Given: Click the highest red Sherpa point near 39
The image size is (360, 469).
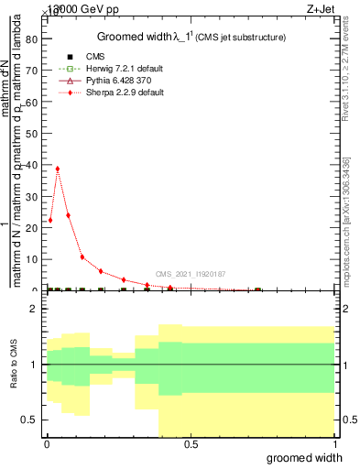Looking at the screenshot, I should [58, 169].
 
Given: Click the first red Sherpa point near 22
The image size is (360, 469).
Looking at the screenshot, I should [50, 221].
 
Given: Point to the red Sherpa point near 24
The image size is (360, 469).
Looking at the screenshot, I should [68, 215].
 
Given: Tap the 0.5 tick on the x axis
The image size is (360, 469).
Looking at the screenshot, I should [191, 444].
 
